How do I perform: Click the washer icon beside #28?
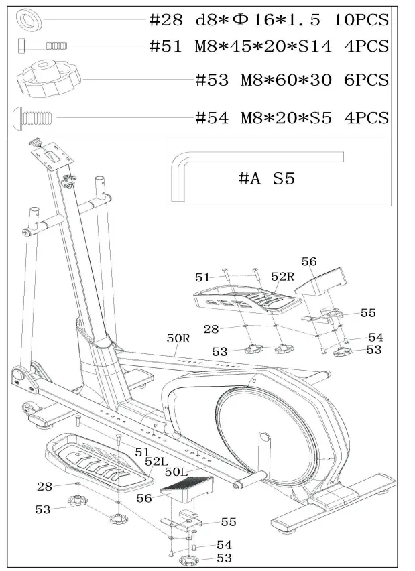pos(29,18)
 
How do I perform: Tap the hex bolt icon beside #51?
pos(42,46)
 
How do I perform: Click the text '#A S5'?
pos(267,178)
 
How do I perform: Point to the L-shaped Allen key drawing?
pos(201,168)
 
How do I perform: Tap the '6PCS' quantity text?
pos(365,80)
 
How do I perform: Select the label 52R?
pos(282,277)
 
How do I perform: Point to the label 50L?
pos(177,472)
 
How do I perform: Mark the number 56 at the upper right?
pos(308,262)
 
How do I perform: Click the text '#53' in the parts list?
pos(211,80)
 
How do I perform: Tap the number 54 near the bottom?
pos(225,545)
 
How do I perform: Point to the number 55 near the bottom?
pos(228,522)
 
